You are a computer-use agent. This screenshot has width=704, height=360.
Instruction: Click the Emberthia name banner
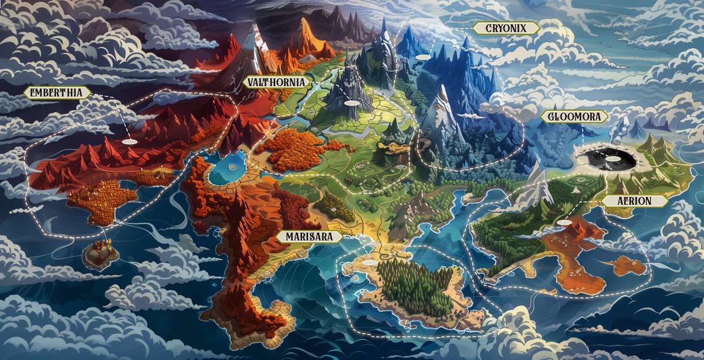tap(57, 92)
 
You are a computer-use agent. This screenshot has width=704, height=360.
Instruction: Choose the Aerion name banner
tap(635, 201)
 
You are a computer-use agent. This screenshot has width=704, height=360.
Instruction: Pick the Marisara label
tap(309, 237)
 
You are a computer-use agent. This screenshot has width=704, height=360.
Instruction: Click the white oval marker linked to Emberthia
tap(129, 141)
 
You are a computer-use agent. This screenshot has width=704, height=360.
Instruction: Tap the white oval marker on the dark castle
tap(351, 102)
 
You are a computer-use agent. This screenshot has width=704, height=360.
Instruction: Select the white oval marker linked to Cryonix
tap(423, 57)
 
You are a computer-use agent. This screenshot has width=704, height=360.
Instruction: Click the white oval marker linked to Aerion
tap(564, 223)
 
